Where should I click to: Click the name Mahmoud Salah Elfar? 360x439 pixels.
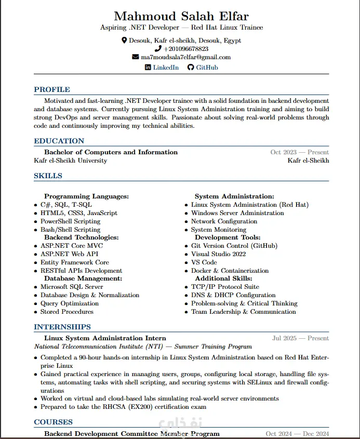181,16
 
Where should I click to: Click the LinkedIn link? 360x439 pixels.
165,68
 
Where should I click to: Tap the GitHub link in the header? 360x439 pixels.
207,68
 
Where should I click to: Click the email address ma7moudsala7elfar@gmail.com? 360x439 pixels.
185,57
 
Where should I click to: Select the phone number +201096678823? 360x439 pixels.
185,49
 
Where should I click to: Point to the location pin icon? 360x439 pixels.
124,40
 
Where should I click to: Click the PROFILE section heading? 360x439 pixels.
52,89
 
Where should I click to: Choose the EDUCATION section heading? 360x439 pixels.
59,141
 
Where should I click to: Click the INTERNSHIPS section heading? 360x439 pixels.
62,327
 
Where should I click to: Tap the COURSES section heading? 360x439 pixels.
53,422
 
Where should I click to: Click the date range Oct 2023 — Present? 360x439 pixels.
299,152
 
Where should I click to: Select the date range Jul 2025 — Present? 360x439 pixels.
300,338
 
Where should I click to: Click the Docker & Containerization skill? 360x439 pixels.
230,271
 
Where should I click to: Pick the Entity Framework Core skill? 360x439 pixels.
75,262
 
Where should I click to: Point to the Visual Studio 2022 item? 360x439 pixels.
218,254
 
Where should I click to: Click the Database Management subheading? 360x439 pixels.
83,278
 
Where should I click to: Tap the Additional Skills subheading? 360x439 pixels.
227,278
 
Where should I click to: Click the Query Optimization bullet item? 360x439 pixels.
70,303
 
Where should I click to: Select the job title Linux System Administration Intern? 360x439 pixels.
105,338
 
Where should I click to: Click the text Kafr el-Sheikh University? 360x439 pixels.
70,161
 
